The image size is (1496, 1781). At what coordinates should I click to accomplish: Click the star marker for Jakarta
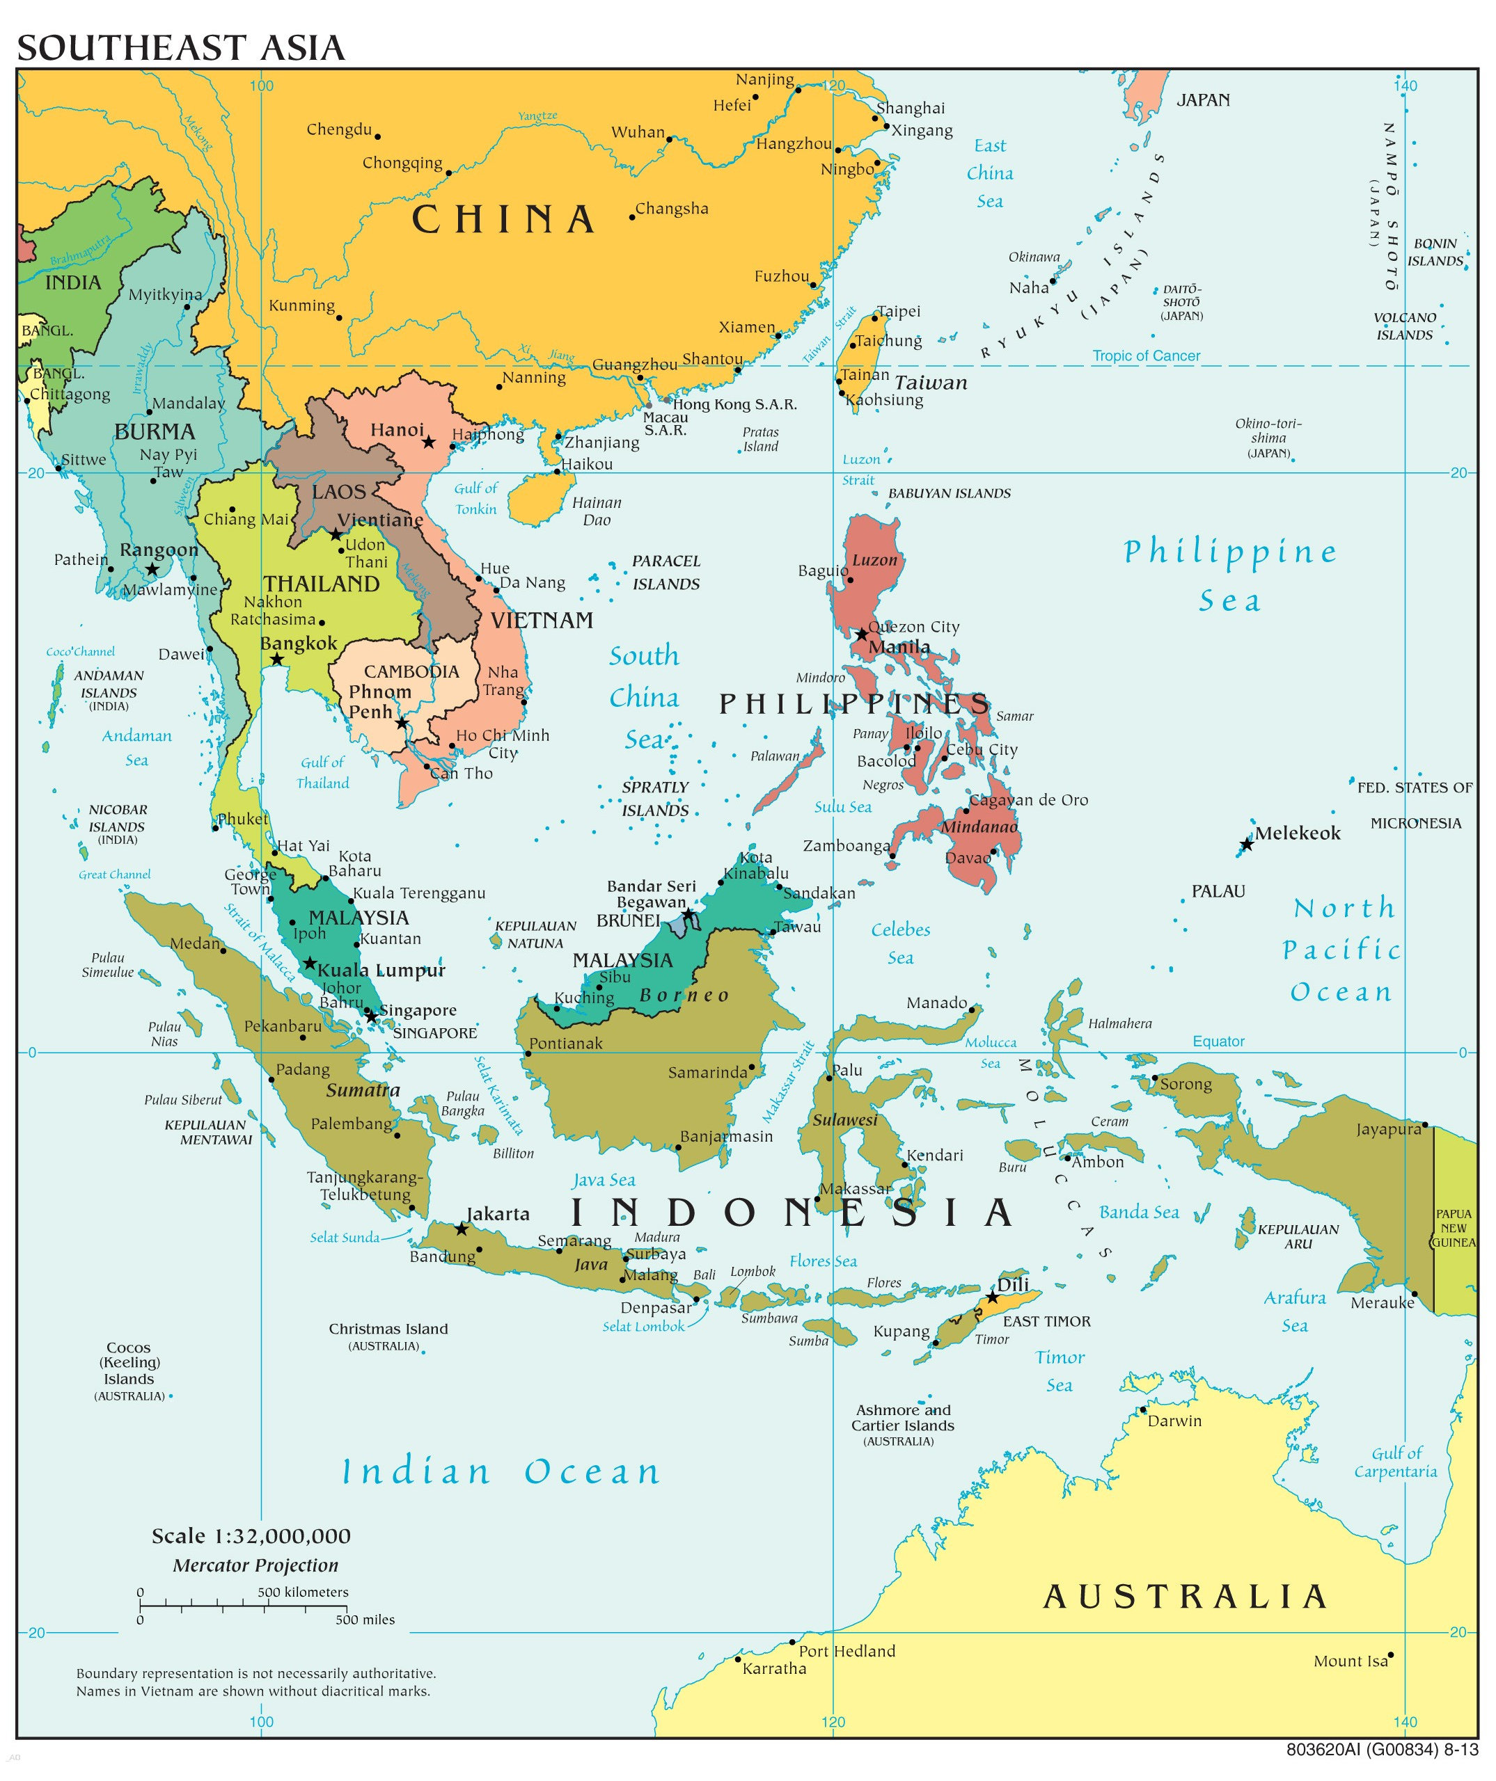(461, 1228)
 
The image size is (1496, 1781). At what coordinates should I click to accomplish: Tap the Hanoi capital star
(430, 442)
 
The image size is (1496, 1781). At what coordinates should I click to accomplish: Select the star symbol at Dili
(992, 1297)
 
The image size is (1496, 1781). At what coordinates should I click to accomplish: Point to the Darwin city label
(1174, 1421)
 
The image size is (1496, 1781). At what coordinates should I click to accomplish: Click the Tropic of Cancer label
(1146, 356)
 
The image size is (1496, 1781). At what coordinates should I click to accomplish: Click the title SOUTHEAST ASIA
(181, 47)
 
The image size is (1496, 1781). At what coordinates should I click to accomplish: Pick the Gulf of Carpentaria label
(1395, 1462)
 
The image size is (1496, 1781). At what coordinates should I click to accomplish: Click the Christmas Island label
(388, 1329)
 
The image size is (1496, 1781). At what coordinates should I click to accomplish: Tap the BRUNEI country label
(628, 920)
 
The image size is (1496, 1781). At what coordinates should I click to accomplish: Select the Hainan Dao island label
(597, 511)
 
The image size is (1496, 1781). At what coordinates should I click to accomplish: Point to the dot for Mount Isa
(1391, 1654)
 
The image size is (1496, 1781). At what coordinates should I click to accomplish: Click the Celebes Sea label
(900, 943)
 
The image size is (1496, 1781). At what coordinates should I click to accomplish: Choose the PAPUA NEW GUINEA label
(1453, 1228)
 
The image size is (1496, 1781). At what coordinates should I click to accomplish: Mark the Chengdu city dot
(377, 136)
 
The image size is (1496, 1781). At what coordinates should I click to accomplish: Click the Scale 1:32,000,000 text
(251, 1536)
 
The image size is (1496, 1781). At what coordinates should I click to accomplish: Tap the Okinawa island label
(1034, 257)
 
